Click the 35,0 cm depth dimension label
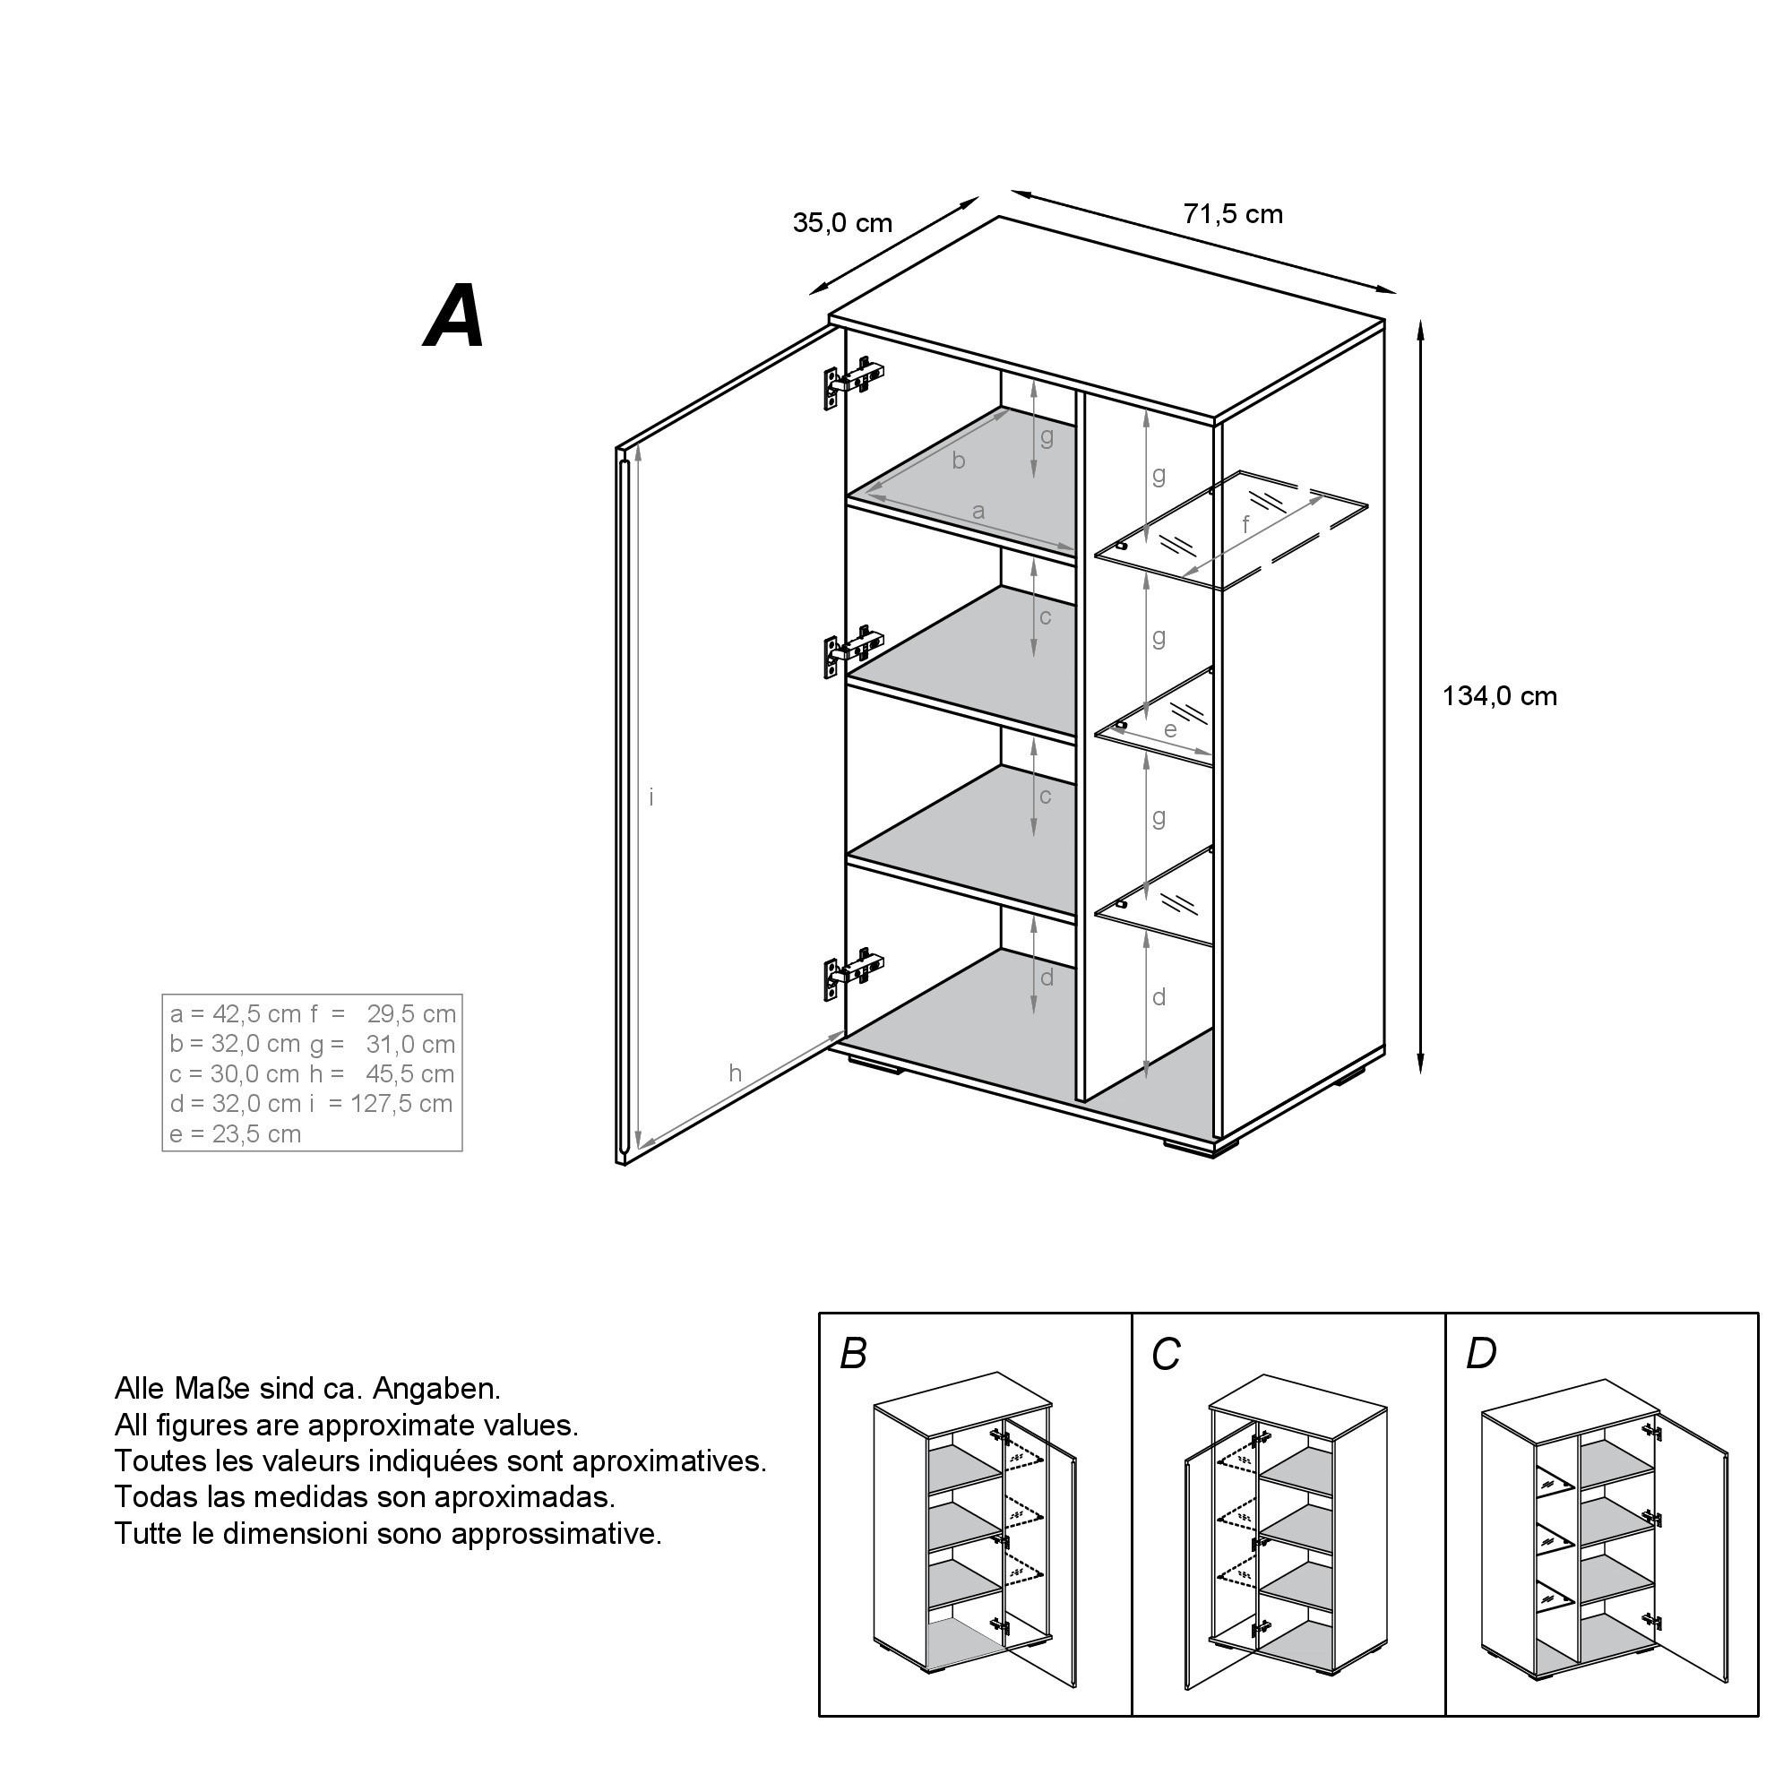(842, 223)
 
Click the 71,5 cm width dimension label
(1233, 214)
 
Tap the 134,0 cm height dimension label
(1499, 695)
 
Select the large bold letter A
(454, 316)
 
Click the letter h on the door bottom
(735, 1073)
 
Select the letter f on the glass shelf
(1245, 524)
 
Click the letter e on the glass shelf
(1170, 730)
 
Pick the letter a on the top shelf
(978, 511)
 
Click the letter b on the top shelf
(958, 460)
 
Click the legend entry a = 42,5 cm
(236, 1013)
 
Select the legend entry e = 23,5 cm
(236, 1133)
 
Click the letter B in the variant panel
(852, 1354)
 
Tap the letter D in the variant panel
(1480, 1354)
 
